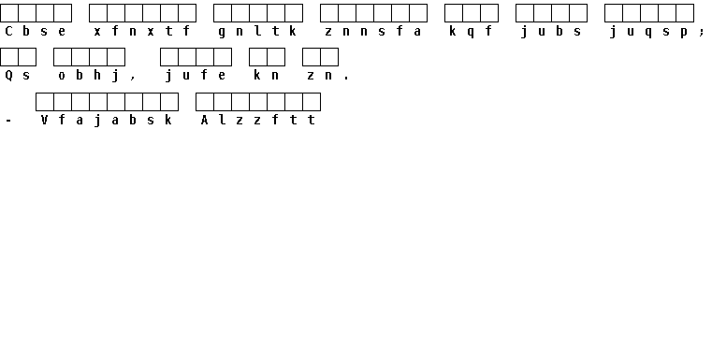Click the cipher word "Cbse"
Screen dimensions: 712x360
36,31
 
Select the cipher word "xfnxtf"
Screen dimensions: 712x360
142,31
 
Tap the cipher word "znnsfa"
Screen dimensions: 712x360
373,31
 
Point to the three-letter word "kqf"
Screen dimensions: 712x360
471,31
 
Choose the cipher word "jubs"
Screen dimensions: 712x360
551,31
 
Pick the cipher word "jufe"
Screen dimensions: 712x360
196,76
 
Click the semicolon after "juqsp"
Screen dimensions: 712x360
702,32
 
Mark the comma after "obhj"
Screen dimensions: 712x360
133,79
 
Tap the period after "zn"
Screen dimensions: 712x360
346,79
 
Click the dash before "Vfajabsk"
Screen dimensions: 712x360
8,121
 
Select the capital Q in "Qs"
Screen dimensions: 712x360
8,76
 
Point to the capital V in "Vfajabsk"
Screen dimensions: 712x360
44,120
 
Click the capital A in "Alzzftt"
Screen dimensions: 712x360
204,120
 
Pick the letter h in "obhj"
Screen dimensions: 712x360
97,76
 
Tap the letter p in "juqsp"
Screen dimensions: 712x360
684,32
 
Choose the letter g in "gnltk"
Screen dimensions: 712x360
222,32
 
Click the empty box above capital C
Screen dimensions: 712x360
9,13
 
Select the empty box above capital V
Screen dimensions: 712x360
45,102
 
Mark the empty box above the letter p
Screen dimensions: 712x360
685,13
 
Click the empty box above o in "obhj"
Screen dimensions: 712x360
62,57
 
